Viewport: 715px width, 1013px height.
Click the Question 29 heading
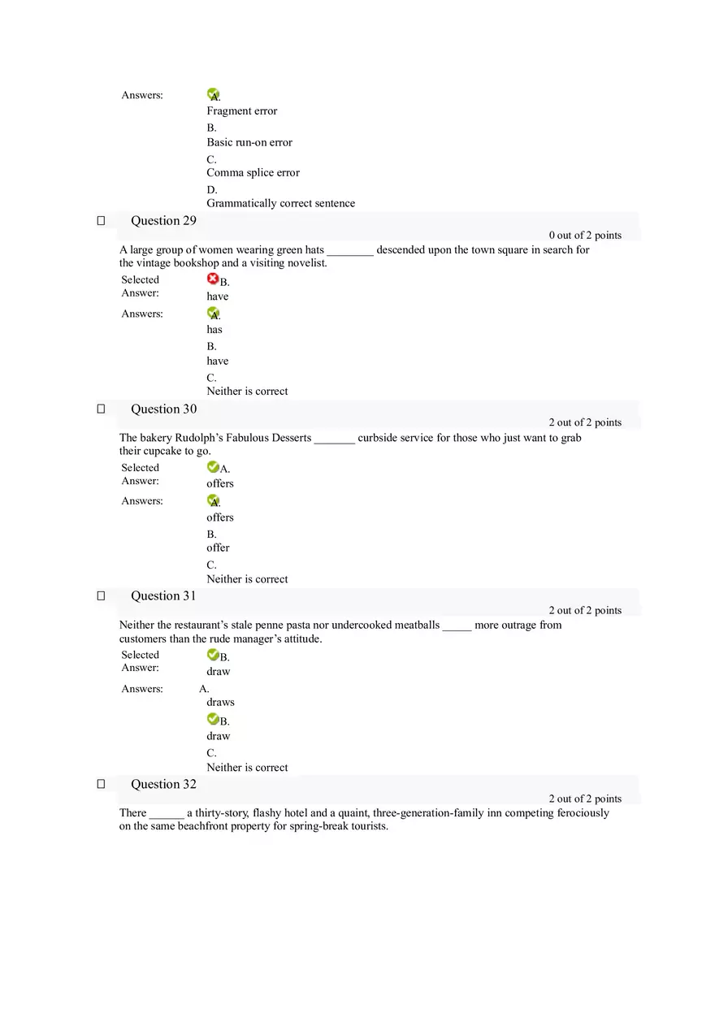tap(163, 221)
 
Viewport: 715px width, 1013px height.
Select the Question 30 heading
tap(163, 409)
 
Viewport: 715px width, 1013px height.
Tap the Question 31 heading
tap(163, 596)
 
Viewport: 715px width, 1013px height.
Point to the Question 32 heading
tap(163, 785)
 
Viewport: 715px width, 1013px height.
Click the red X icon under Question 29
tap(213, 279)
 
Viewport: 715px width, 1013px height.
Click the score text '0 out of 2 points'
tap(585, 236)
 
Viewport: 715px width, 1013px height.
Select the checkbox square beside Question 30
tap(101, 409)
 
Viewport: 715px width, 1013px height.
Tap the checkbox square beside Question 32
tap(101, 785)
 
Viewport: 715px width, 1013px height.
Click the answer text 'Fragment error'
tap(241, 111)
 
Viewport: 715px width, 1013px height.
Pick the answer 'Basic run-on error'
tap(249, 142)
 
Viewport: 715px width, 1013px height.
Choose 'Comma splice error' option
tap(253, 173)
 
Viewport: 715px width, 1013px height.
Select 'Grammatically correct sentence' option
tap(280, 204)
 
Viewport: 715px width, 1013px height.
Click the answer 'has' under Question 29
tap(214, 330)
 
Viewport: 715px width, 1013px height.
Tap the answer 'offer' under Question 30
tap(218, 548)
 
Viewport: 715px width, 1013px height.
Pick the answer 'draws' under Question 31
tap(220, 703)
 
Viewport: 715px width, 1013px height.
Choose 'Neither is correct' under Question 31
tap(247, 768)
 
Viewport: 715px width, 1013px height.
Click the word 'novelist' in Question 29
tap(307, 263)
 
